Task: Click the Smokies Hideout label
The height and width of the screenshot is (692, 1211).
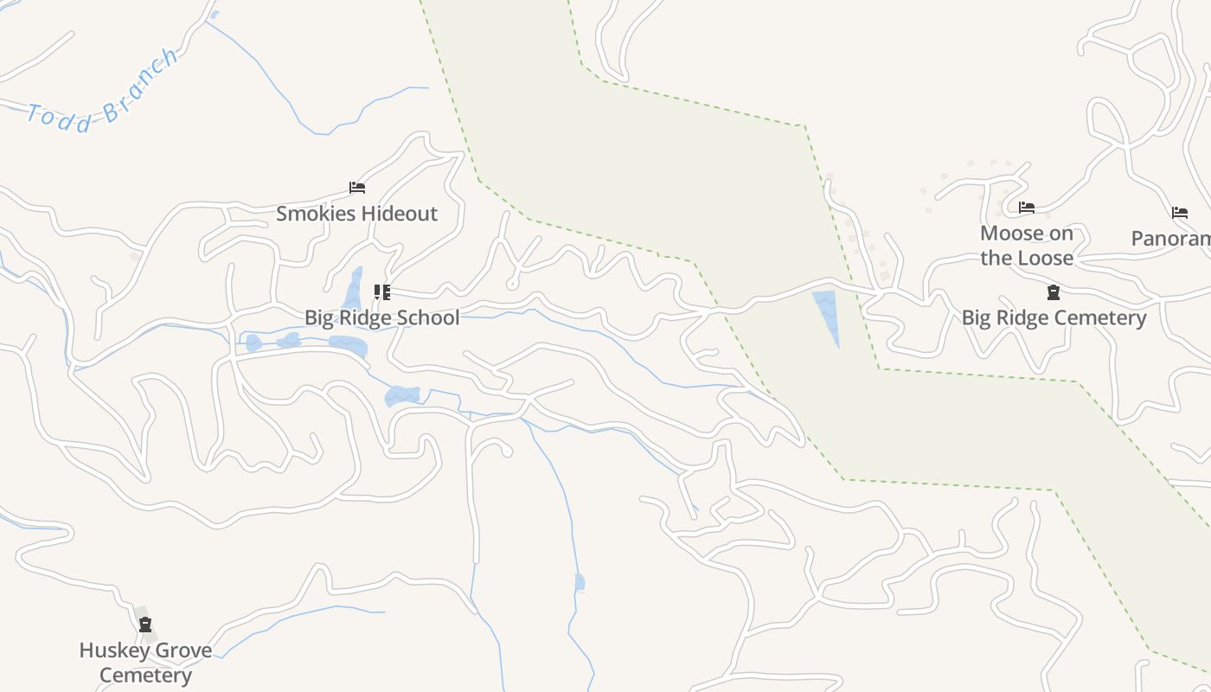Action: pos(356,214)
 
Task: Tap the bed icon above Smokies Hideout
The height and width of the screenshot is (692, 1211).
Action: pos(356,187)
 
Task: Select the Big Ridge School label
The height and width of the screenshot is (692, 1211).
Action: pos(381,317)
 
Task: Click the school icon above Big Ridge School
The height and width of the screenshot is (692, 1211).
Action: pos(381,292)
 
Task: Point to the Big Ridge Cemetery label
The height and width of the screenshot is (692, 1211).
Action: pos(1054,317)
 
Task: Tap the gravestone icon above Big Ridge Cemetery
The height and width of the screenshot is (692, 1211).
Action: pos(1053,292)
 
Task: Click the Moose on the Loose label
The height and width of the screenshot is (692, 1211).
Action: pos(1026,246)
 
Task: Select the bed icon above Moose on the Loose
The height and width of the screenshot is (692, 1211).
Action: pos(1027,208)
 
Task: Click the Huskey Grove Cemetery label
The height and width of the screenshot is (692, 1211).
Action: pos(145,663)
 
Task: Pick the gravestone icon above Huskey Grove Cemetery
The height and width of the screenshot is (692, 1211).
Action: pos(145,625)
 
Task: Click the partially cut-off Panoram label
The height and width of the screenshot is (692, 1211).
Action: pos(1171,239)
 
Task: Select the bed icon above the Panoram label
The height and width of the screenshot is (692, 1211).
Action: pos(1179,213)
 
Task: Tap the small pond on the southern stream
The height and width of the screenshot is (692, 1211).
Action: pos(580,582)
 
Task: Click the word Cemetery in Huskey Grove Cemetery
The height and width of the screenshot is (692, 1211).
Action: pos(145,676)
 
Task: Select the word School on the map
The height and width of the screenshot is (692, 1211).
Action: pos(429,317)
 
